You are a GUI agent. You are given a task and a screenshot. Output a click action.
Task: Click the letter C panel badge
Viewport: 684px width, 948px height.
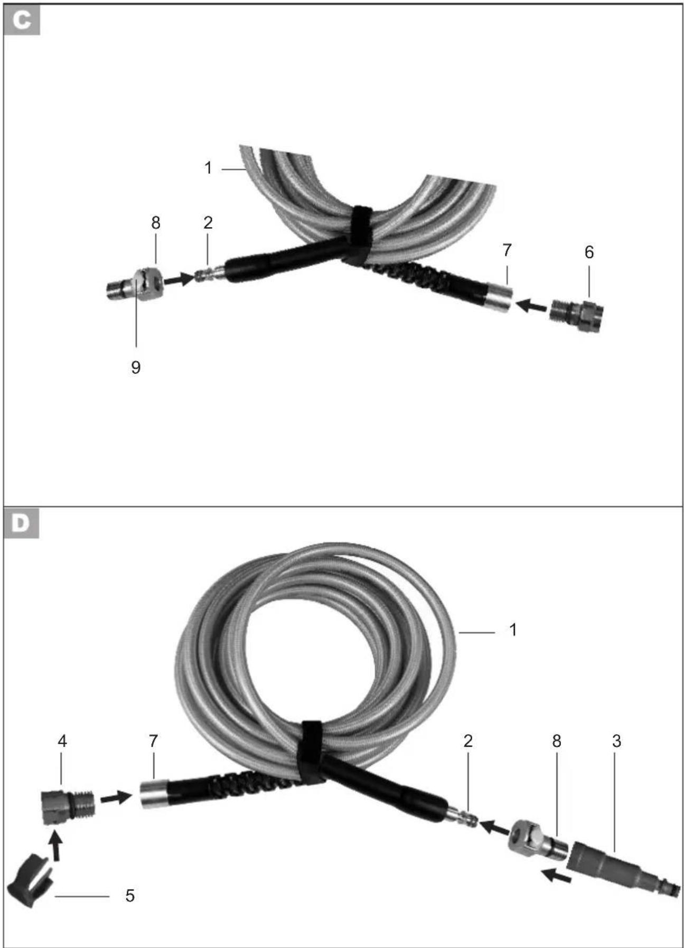(x=22, y=21)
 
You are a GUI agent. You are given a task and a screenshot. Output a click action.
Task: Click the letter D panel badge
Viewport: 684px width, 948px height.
(x=22, y=523)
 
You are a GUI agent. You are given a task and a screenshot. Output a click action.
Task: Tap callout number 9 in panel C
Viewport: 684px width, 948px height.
(x=136, y=367)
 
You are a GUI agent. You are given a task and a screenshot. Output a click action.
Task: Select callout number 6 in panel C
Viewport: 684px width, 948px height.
(x=589, y=252)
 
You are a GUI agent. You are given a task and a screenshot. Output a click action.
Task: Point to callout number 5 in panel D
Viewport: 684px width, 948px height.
(x=130, y=895)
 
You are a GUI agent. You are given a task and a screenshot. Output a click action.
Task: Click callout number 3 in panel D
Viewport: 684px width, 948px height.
(x=616, y=741)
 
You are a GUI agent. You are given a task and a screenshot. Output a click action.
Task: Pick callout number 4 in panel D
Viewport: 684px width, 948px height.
(x=62, y=741)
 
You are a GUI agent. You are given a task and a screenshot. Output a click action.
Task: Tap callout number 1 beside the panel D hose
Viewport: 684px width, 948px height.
(x=512, y=630)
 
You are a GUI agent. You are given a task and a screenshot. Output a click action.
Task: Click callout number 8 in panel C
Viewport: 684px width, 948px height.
(x=155, y=223)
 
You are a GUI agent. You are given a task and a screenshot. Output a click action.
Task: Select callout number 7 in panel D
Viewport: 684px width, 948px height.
(x=153, y=741)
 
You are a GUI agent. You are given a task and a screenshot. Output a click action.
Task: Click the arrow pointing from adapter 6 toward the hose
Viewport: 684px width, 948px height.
(x=531, y=305)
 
